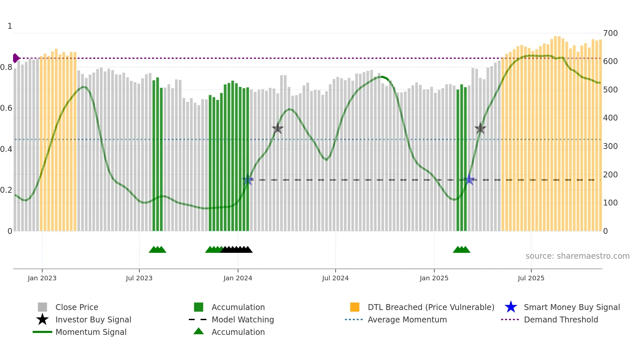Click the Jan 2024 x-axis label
tap(238, 278)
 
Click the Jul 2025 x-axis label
tap(531, 278)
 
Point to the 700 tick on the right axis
tap(610, 33)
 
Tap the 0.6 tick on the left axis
tap(6, 108)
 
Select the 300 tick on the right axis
tap(610, 146)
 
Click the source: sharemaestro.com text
tap(577, 256)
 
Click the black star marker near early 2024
tap(278, 128)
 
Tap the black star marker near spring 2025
tap(480, 128)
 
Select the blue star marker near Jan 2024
tap(248, 180)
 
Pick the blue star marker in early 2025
tap(469, 180)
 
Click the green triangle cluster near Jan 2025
tap(461, 250)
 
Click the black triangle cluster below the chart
tap(236, 250)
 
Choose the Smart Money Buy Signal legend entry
tap(571, 307)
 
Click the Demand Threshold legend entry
tap(561, 319)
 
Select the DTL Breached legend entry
tap(431, 307)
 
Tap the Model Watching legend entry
tap(243, 319)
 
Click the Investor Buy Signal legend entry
tap(93, 319)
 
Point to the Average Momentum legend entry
tap(407, 319)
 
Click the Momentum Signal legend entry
tap(91, 332)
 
